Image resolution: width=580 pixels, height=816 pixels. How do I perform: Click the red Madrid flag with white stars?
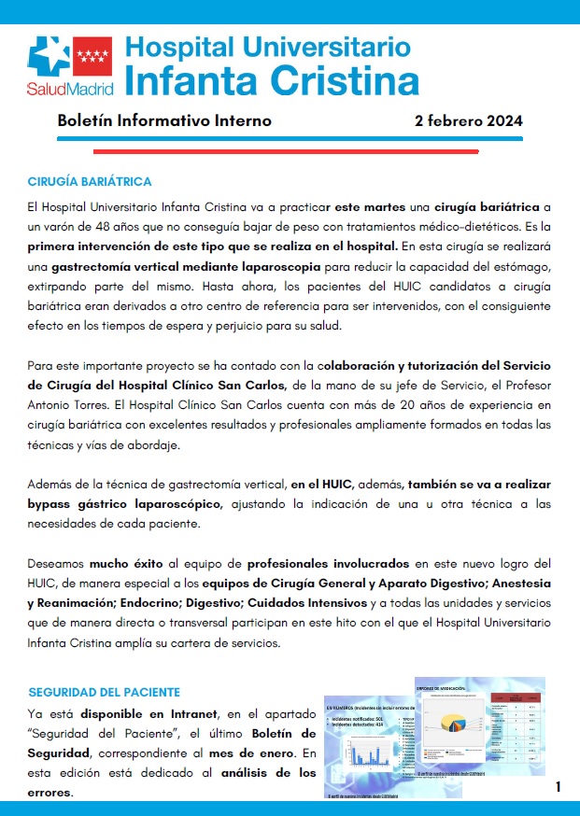(x=91, y=55)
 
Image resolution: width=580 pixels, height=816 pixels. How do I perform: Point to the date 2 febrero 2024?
(x=468, y=120)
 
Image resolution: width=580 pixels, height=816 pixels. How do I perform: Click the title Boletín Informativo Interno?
(x=164, y=120)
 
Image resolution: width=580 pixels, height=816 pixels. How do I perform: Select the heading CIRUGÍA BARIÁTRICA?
(x=90, y=181)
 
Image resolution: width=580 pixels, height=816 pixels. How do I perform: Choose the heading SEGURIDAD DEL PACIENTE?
(x=104, y=692)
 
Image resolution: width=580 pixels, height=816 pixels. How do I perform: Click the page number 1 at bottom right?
(x=558, y=787)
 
